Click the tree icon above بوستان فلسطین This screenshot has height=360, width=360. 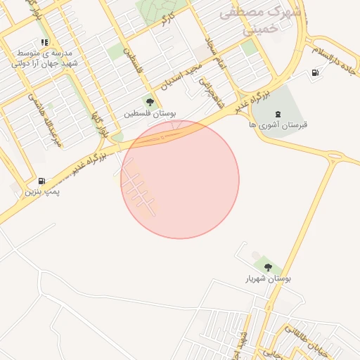coord(150,101)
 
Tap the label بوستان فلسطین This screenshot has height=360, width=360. coord(150,113)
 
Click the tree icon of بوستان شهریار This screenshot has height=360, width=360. coord(268,267)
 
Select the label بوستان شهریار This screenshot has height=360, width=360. coord(268,279)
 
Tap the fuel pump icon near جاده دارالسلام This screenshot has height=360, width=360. coord(314,72)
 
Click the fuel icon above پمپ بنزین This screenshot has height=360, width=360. coord(43,180)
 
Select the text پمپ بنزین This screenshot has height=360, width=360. coord(43,191)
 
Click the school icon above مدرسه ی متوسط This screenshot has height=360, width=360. coord(45,41)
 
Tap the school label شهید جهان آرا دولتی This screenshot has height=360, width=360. coord(44,63)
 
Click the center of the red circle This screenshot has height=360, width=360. coord(180,179)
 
